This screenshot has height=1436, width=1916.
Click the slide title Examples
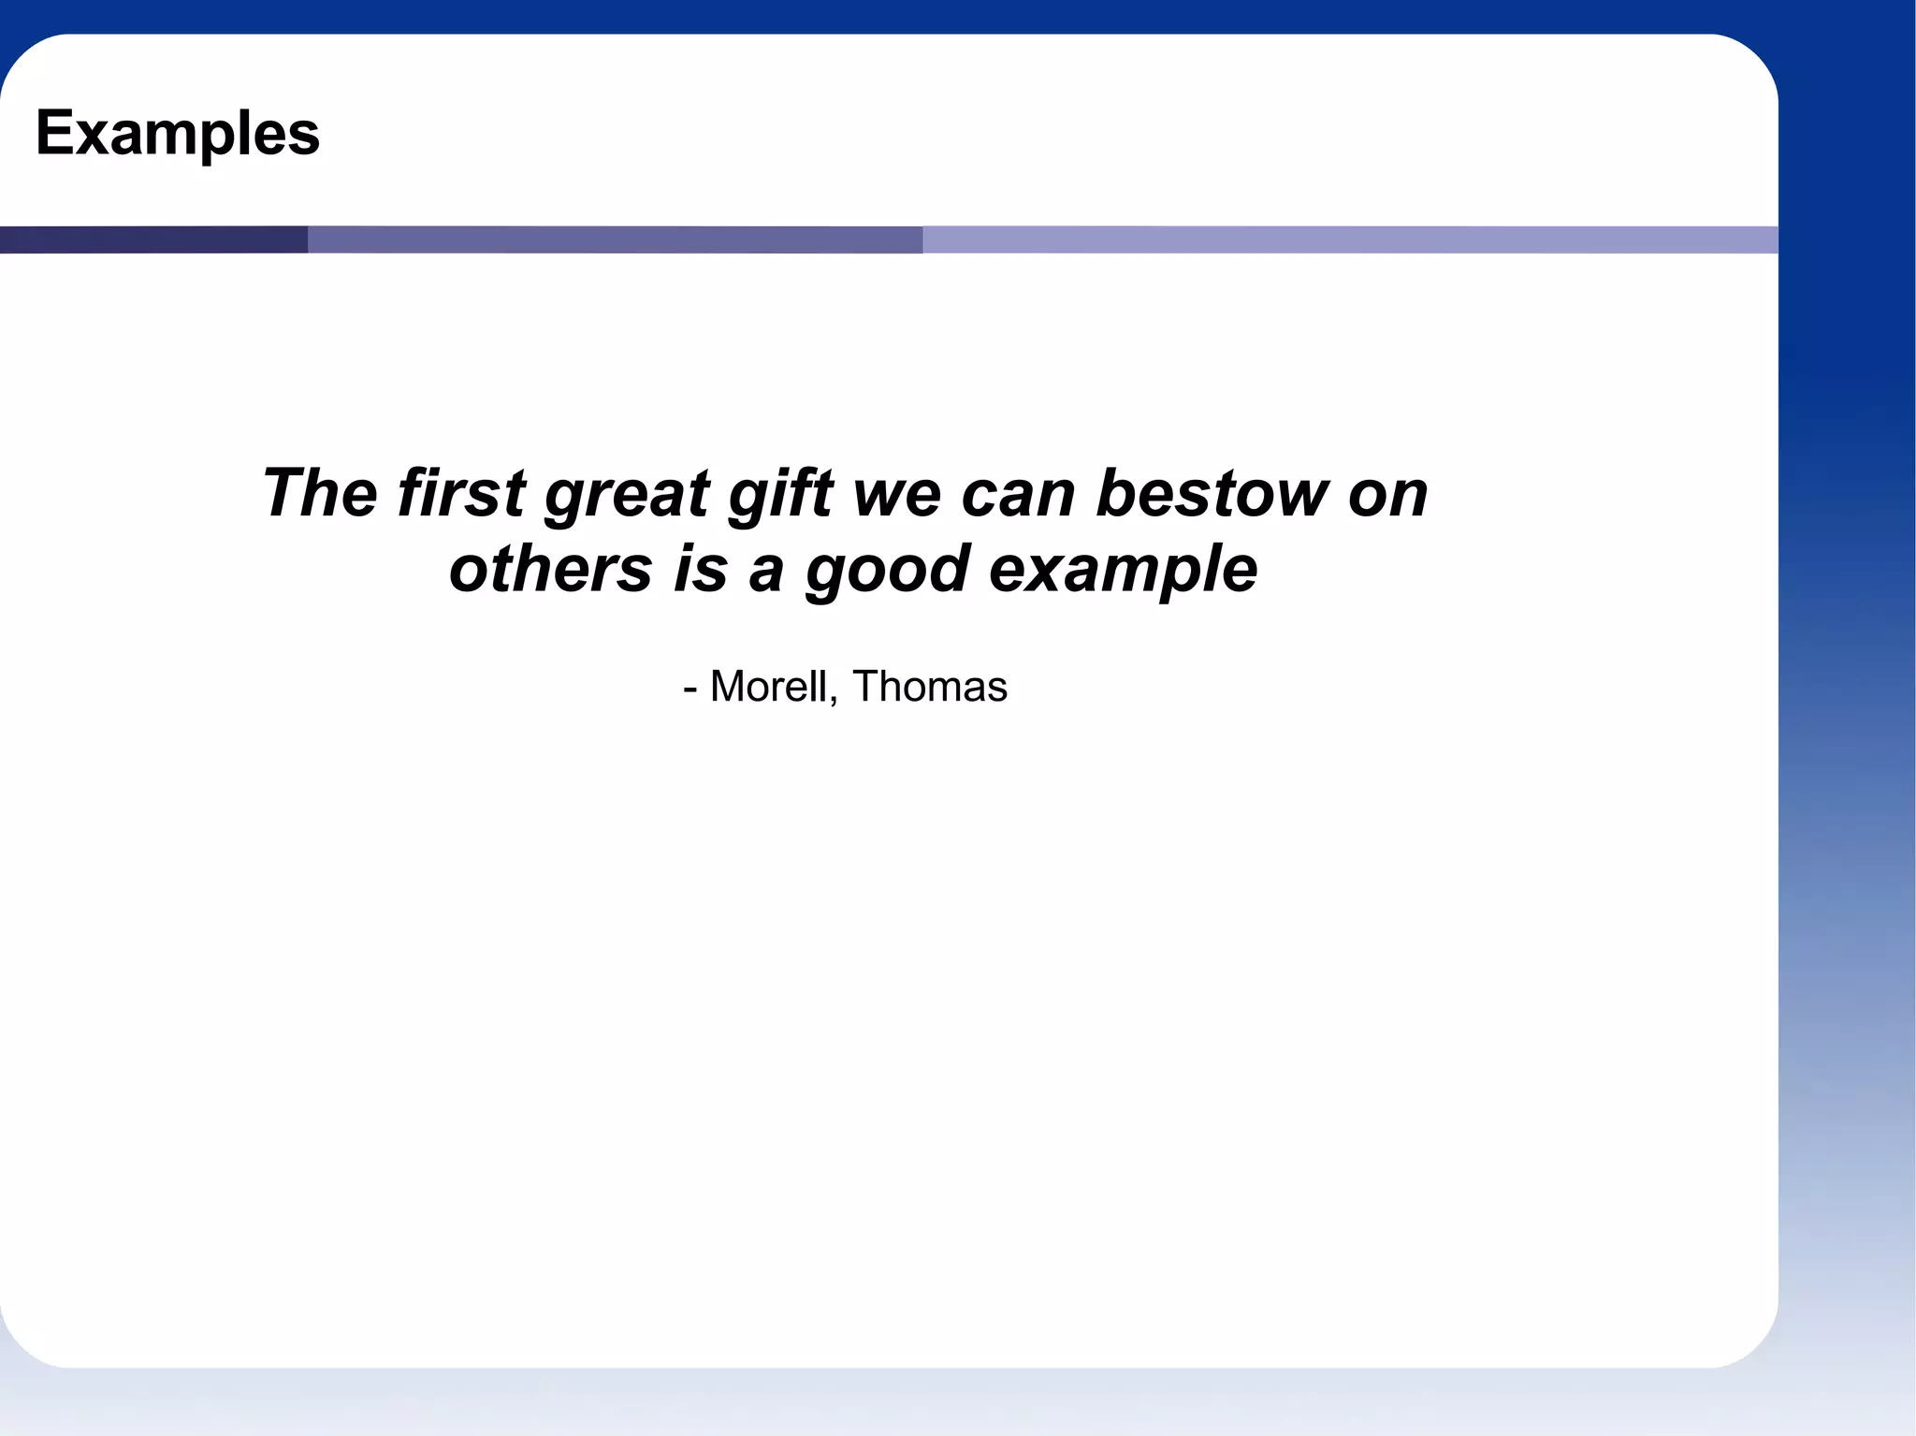coord(178,134)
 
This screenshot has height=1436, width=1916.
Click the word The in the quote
coord(319,493)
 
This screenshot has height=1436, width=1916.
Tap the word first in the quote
coord(461,493)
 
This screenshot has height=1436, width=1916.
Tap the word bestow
coord(1211,493)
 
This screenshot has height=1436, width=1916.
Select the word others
coord(550,569)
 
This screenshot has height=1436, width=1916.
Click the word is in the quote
coord(700,569)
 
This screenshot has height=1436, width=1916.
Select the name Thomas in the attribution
coord(930,687)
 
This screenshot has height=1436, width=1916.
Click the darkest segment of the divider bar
coord(153,239)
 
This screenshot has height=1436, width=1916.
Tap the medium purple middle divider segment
coord(615,239)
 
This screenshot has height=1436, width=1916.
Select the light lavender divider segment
coord(1349,239)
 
